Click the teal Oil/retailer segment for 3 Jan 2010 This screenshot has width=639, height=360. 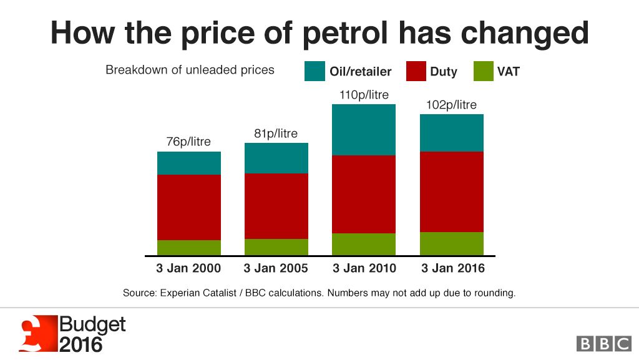[x=363, y=130]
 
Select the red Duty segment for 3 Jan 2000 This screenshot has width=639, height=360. [x=188, y=207]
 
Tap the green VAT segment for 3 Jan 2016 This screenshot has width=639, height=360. [x=451, y=243]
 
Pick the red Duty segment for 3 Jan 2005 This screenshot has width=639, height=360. [x=276, y=206]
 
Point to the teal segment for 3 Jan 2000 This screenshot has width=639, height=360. [x=188, y=163]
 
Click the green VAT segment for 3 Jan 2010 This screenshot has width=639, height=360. [x=363, y=244]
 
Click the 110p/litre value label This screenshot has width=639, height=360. [x=363, y=95]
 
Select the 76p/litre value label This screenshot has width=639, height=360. [x=188, y=142]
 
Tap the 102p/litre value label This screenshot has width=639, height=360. [x=451, y=105]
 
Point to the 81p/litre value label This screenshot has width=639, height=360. [x=276, y=134]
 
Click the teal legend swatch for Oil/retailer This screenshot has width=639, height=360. [x=315, y=71]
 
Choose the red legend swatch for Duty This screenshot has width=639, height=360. [x=416, y=71]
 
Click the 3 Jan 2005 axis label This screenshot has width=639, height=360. [x=276, y=269]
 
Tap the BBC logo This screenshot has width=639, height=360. [x=603, y=343]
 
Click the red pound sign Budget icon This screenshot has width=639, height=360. [x=37, y=334]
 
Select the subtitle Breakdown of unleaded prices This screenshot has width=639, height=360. [x=190, y=70]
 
